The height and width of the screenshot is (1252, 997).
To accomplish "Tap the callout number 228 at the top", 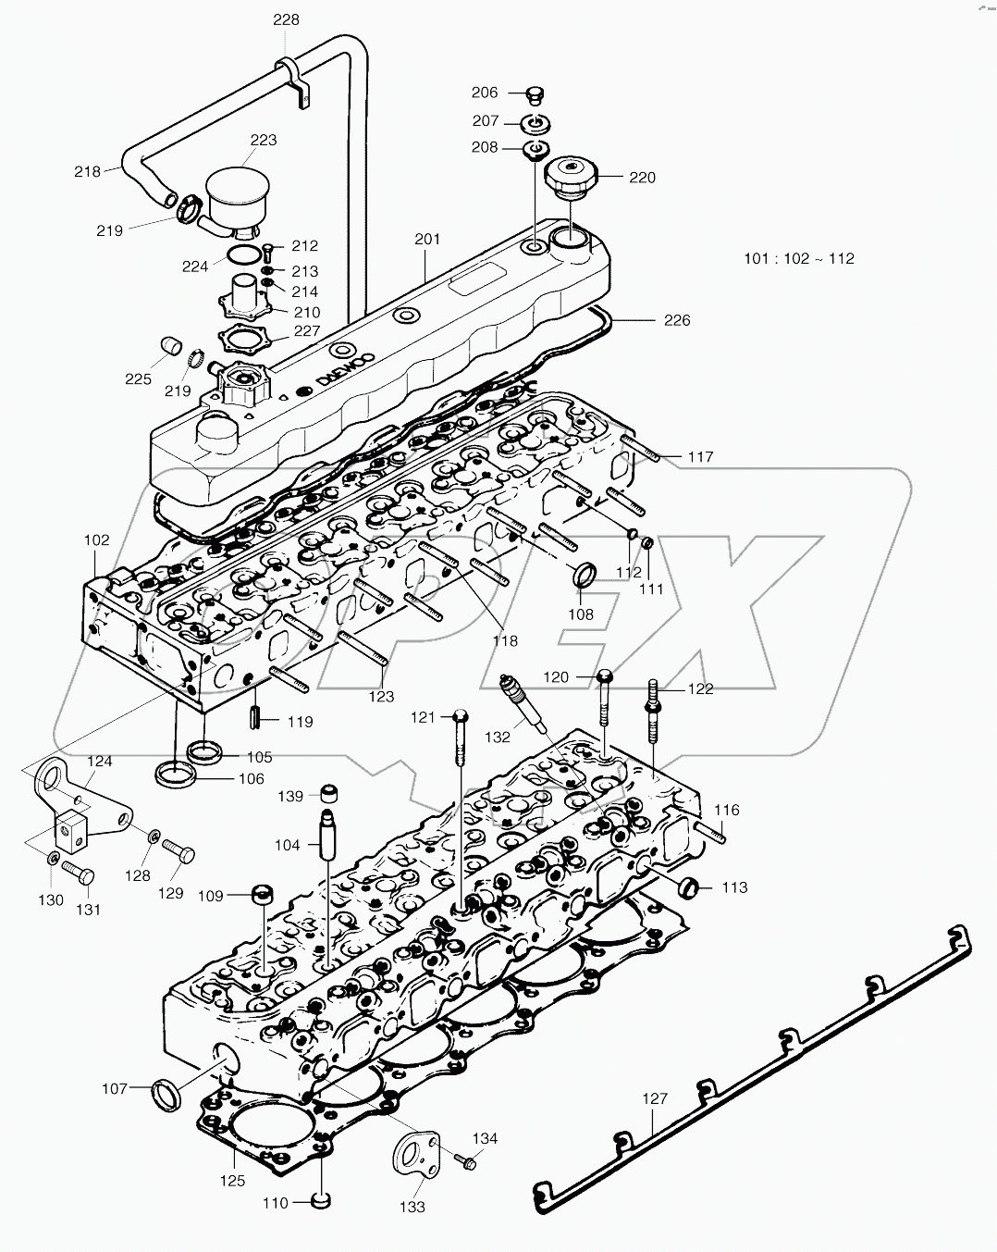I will click(x=286, y=19).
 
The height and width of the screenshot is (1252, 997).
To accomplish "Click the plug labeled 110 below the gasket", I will click(x=320, y=1201).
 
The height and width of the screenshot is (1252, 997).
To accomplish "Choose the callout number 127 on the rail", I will click(x=654, y=1098).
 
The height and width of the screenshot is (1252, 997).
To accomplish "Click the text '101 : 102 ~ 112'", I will click(x=799, y=258).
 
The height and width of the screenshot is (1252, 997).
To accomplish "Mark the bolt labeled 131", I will click(x=80, y=872).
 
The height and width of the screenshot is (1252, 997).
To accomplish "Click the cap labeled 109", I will click(x=265, y=895).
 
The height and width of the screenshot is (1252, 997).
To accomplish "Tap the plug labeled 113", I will click(x=688, y=886).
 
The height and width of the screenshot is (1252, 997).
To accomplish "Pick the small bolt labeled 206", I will click(x=535, y=93).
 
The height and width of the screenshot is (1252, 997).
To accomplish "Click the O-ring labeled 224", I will click(x=242, y=257).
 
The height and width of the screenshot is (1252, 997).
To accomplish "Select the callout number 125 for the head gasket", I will click(x=232, y=1180).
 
